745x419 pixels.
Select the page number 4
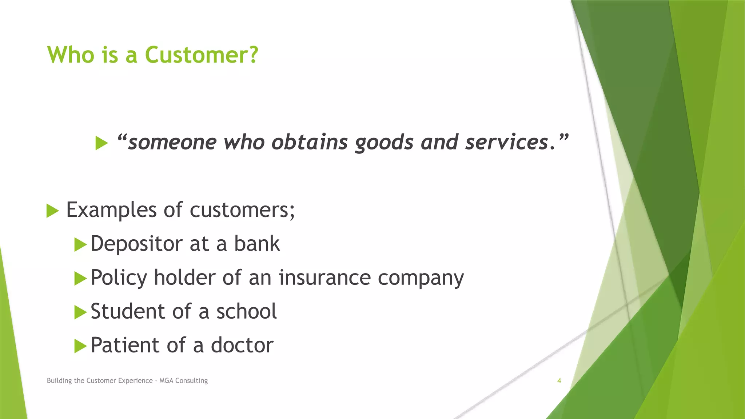[559, 380]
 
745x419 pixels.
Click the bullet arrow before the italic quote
[101, 143]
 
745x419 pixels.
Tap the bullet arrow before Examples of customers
[52, 211]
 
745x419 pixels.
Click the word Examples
[111, 210]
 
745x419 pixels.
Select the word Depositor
[136, 244]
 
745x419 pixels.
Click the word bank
[257, 243]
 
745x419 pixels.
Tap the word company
[421, 278]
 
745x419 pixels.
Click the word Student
[128, 311]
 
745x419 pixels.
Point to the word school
[246, 311]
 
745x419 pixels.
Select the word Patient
[125, 345]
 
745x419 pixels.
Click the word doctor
[242, 345]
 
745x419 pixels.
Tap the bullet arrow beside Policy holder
[80, 279]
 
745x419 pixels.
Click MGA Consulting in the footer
[183, 380]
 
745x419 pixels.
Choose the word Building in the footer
[59, 380]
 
